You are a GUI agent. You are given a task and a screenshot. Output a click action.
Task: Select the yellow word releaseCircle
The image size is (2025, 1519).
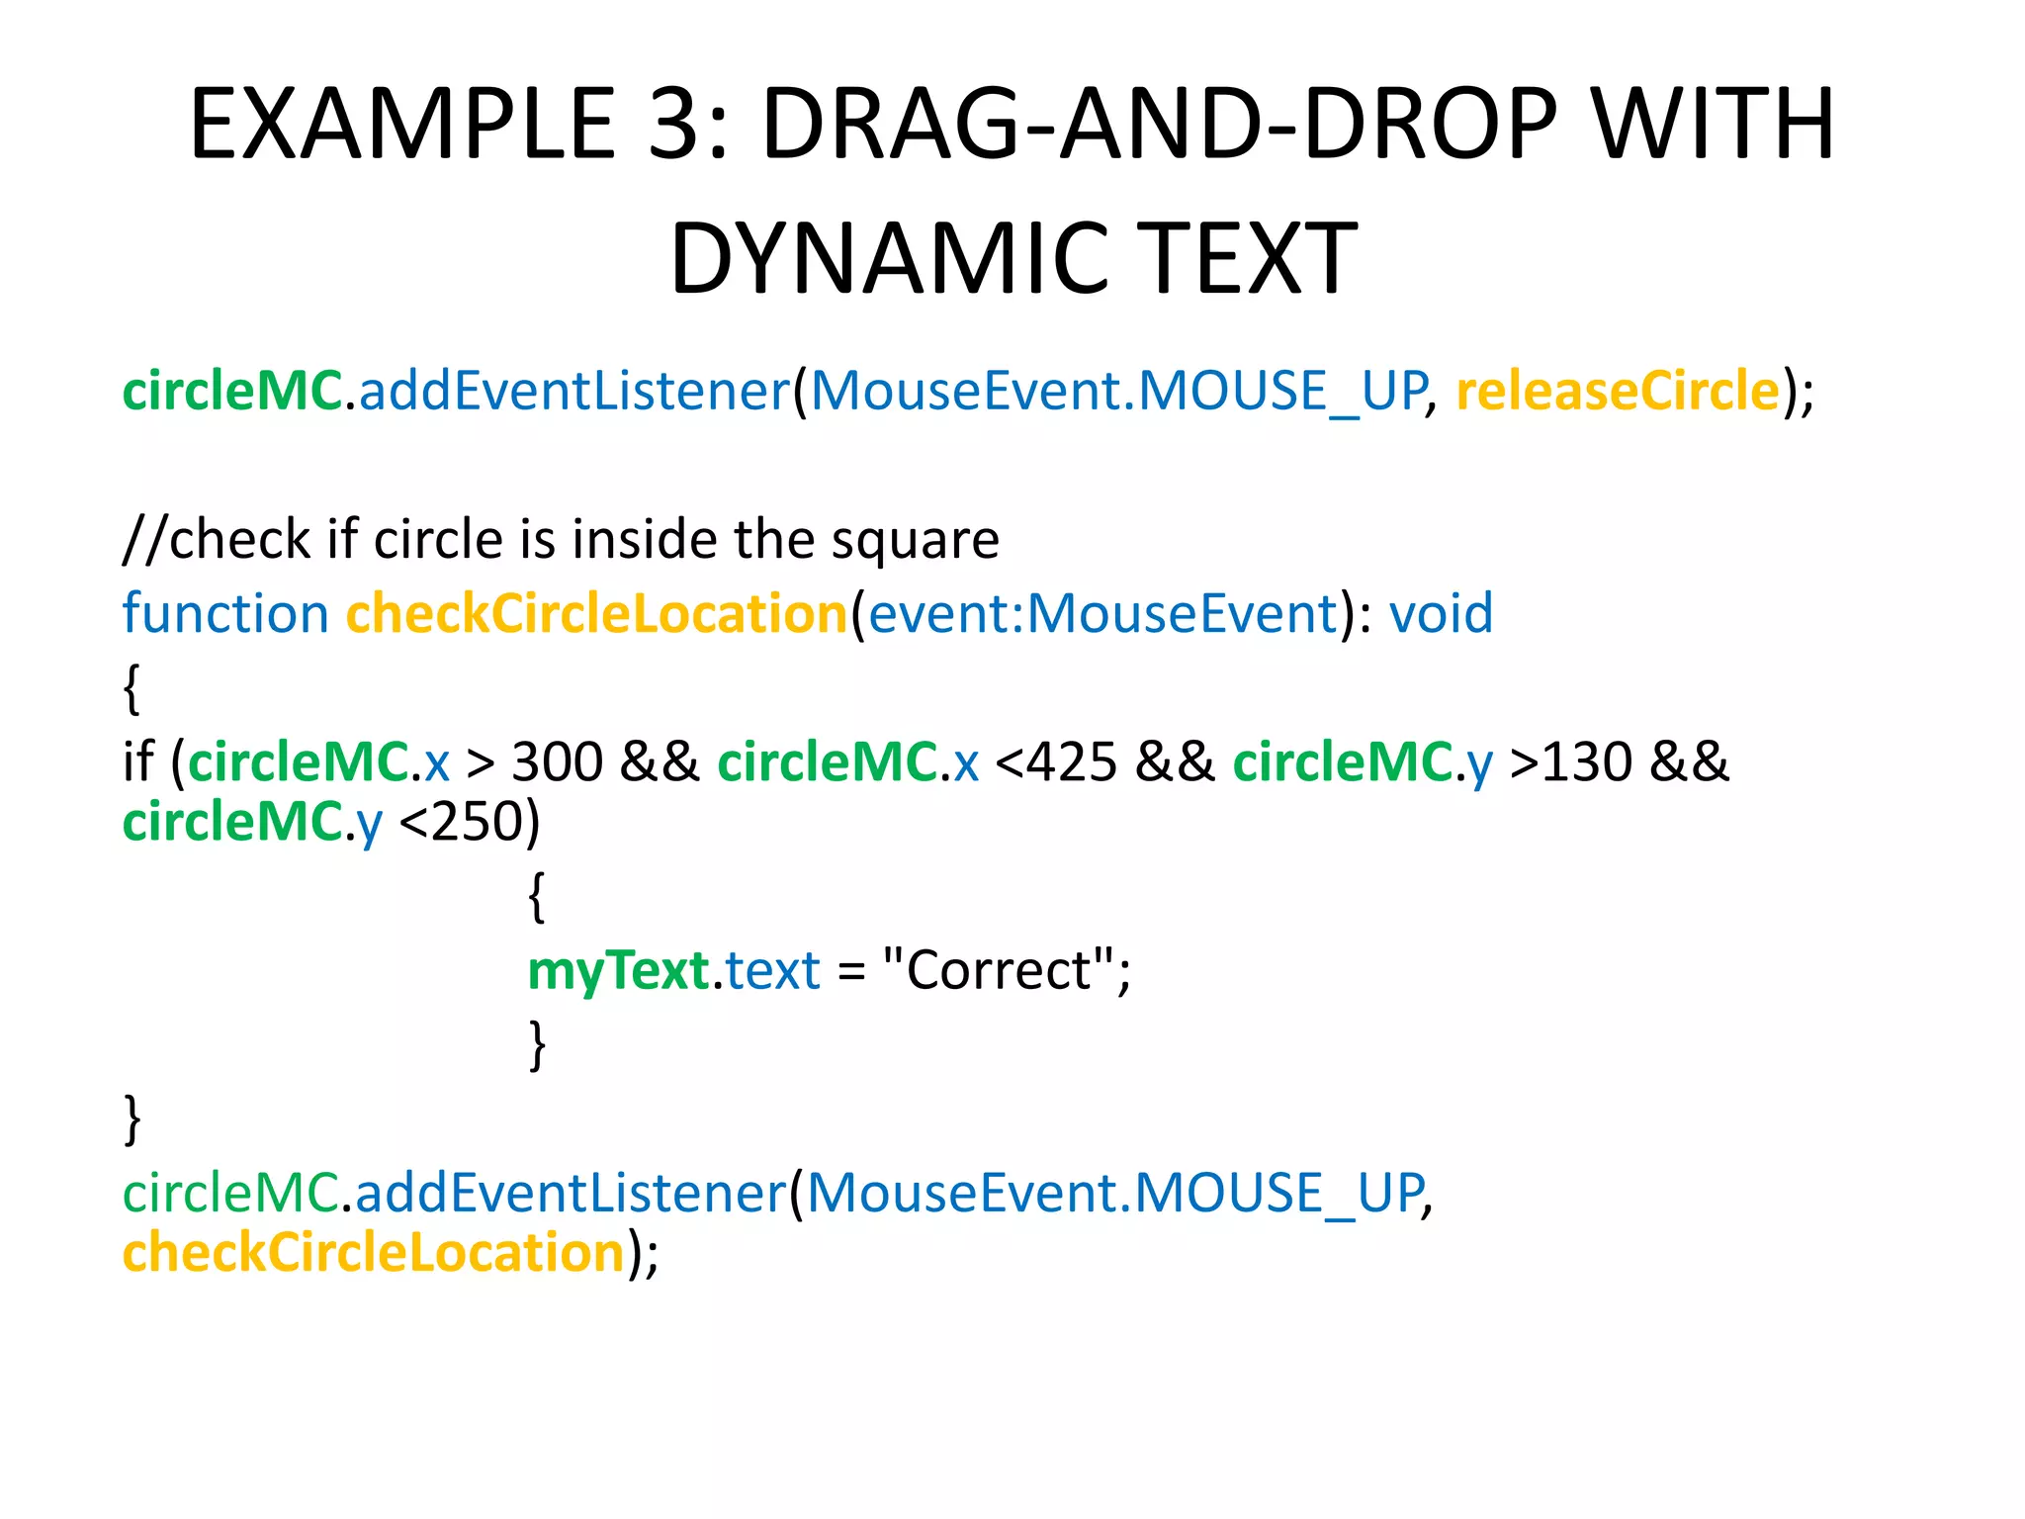pos(1618,391)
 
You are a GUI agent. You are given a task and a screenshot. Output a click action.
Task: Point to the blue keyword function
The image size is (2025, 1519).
pos(225,614)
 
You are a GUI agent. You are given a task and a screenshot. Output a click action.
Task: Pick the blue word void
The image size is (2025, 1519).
pos(1441,614)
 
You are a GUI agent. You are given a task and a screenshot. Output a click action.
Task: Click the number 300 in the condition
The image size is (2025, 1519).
pos(557,762)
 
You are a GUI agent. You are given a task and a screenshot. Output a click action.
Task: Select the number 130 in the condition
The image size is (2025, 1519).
pos(1587,762)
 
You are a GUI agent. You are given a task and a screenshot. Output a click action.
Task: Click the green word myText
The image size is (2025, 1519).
pos(618,970)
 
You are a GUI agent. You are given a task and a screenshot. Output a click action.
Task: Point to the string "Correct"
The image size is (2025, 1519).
pos(999,970)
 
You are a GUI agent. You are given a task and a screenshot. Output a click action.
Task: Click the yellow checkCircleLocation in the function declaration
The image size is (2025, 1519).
pos(596,614)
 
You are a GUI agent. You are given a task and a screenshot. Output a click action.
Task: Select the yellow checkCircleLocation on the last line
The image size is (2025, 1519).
pos(374,1253)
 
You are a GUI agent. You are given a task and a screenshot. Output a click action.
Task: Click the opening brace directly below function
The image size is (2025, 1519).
pos(132,688)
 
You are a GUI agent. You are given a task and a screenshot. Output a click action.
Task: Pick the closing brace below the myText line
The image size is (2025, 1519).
pos(537,1044)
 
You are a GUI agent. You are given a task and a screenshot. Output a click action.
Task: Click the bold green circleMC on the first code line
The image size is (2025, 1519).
pos(232,391)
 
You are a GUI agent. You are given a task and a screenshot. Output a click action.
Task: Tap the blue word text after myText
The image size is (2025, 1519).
pos(772,970)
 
